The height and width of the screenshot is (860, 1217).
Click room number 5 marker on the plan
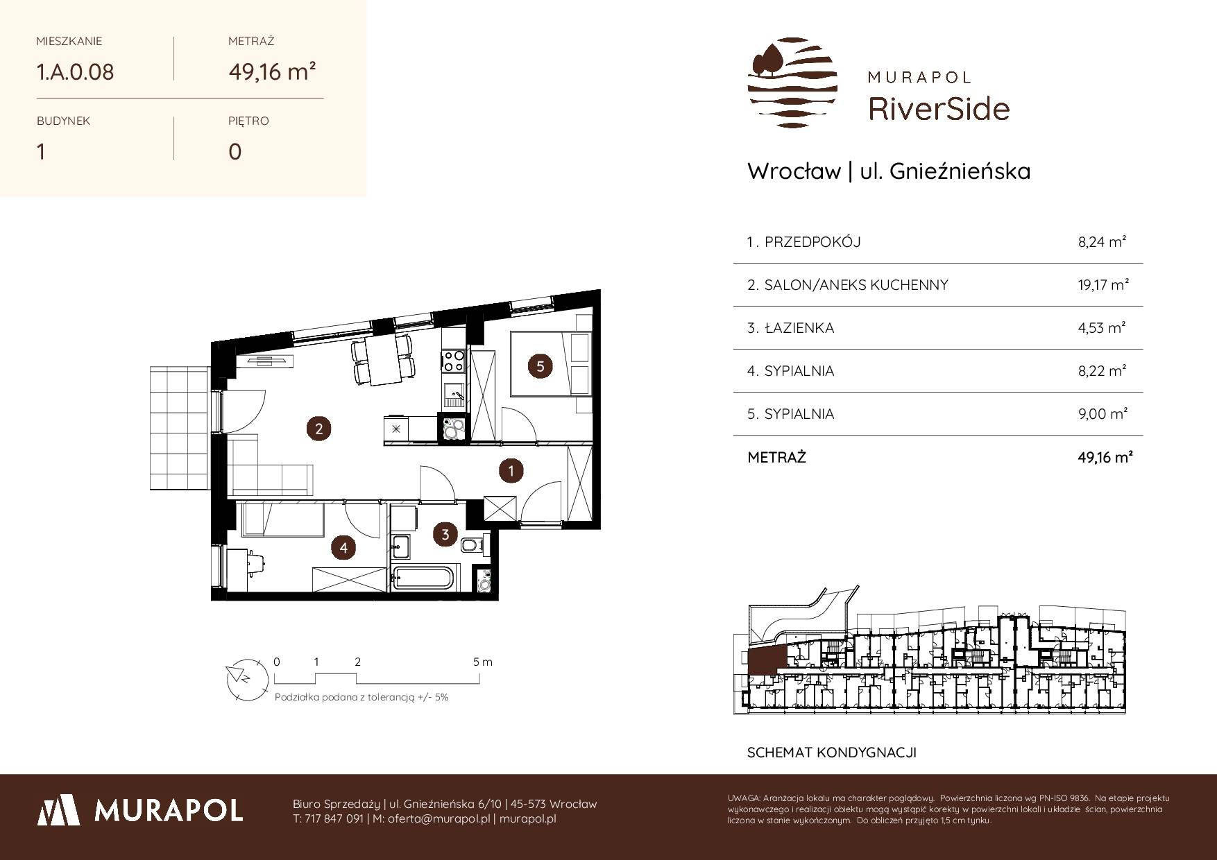coord(541,365)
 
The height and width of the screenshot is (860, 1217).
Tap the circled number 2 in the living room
coord(319,429)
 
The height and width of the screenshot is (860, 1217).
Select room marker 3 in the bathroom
coord(445,534)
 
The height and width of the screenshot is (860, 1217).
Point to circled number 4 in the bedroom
coord(343,548)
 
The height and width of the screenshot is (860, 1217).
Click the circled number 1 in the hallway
coord(511,471)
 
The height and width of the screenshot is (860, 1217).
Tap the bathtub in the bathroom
coord(423,578)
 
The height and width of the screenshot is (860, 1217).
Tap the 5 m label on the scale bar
coord(483,662)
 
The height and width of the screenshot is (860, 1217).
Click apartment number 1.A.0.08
coord(75,72)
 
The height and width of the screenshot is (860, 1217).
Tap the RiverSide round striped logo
coord(792,83)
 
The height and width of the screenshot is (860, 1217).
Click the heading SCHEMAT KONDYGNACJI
coord(832,752)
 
